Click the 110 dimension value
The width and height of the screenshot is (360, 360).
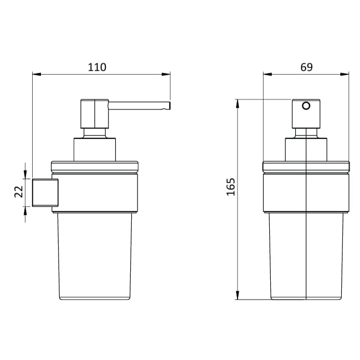pyautogui.click(x=97, y=67)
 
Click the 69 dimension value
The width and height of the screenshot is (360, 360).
pyautogui.click(x=307, y=67)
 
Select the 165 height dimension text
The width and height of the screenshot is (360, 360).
pyautogui.click(x=231, y=187)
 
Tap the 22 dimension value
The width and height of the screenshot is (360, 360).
pyautogui.click(x=18, y=192)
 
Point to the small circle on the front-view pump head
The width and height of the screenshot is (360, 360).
pyautogui.click(x=306, y=106)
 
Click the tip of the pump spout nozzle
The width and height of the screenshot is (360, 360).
pyautogui.click(x=168, y=106)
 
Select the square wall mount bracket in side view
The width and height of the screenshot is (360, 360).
pyautogui.click(x=45, y=192)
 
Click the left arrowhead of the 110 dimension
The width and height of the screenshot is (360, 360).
pyautogui.click(x=35, y=74)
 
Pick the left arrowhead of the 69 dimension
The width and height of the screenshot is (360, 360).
pyautogui.click(x=266, y=74)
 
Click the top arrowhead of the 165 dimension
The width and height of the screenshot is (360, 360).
pyautogui.click(x=238, y=102)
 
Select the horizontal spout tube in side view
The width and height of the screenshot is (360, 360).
pyautogui.click(x=137, y=106)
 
